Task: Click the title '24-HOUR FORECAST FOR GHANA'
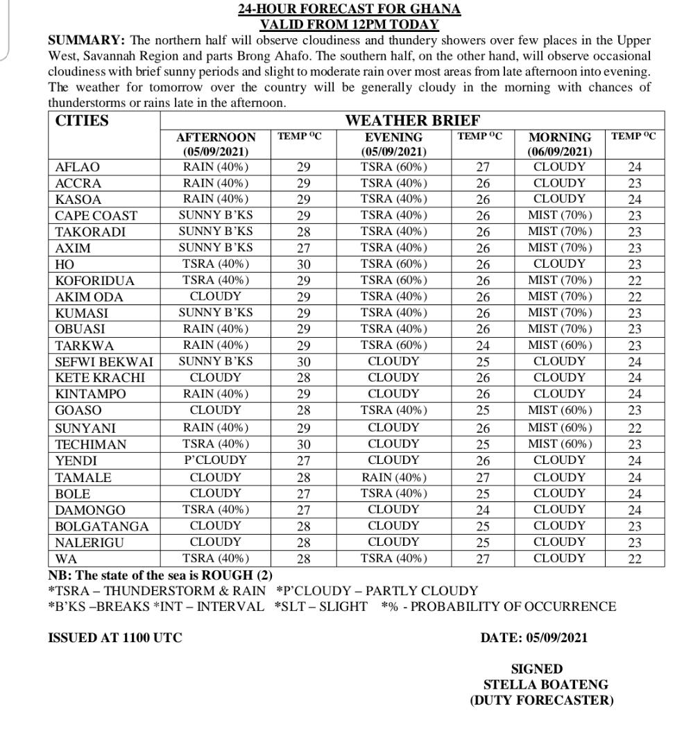point(349,9)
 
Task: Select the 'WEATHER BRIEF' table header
point(412,121)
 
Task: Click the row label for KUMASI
point(81,313)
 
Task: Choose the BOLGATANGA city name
point(101,526)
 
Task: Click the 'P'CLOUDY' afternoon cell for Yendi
point(215,460)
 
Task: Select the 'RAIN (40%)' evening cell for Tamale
point(393,477)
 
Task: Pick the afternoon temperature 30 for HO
point(303,264)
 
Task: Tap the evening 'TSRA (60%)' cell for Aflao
point(393,167)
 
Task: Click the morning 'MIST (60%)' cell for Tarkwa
point(560,345)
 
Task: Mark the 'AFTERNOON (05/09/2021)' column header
point(215,144)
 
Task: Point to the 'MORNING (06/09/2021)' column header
point(560,144)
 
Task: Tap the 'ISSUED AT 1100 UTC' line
point(114,638)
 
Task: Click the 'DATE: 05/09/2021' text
point(533,638)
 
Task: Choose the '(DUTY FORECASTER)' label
point(541,700)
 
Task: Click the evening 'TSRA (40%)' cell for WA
point(393,558)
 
